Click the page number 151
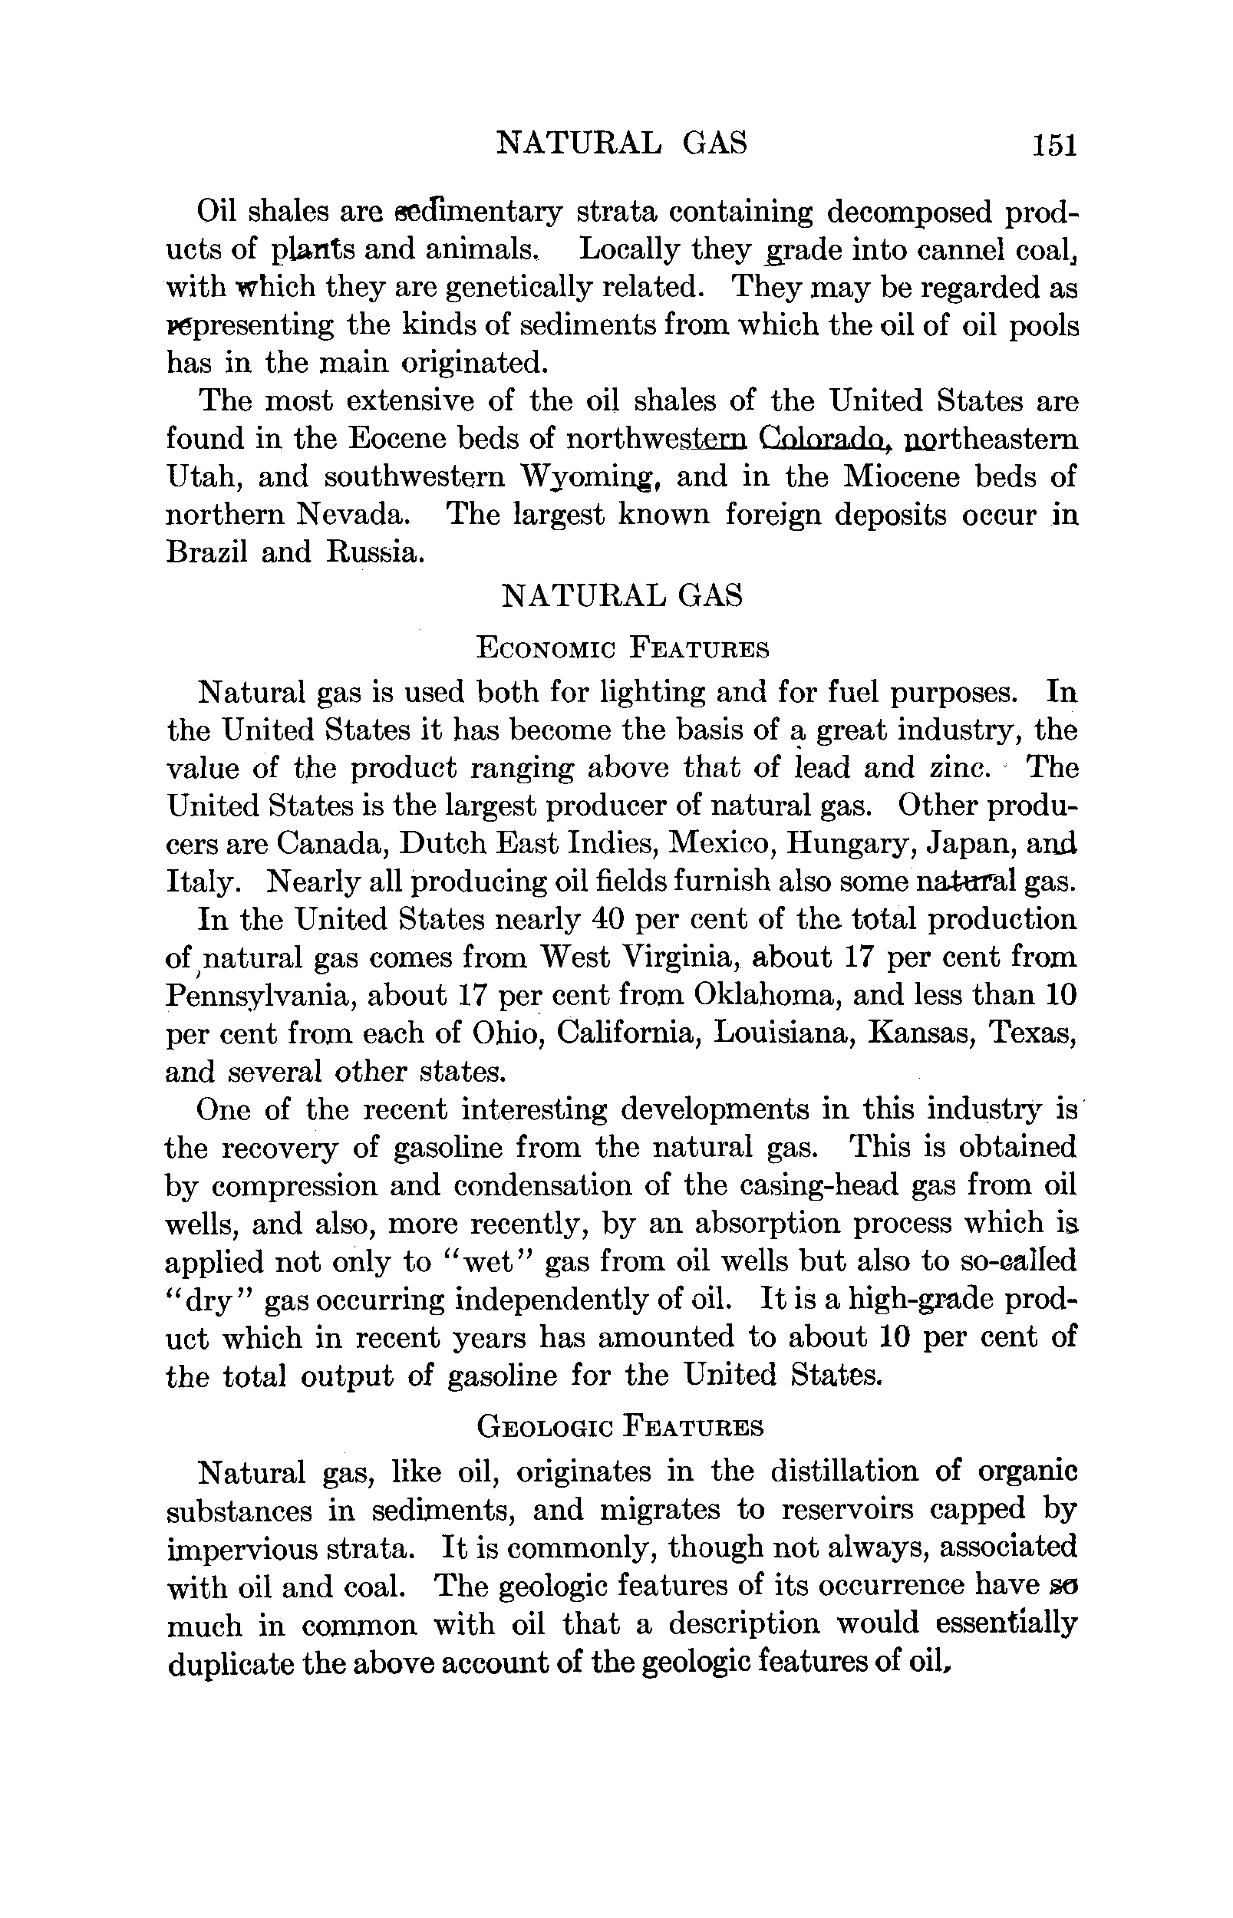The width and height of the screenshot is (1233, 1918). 1055,145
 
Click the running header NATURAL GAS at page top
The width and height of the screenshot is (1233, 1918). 622,143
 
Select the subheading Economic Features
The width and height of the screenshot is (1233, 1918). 622,648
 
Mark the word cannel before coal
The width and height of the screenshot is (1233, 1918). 916,251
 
